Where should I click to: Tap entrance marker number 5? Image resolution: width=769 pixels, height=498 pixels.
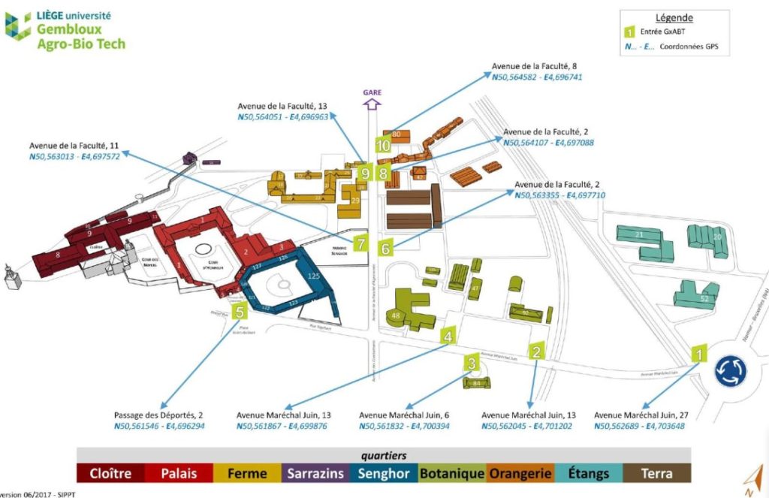pos(240,311)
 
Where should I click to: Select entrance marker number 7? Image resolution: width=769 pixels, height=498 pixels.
pos(360,243)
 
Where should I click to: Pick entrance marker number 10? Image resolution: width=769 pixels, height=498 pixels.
pos(383,145)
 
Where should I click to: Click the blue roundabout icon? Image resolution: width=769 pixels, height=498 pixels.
pos(729,370)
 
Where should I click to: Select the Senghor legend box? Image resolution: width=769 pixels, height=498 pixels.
pos(384,473)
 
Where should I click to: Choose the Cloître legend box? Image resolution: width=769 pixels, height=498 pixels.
pos(111,473)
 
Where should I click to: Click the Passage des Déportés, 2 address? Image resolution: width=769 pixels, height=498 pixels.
pos(159,415)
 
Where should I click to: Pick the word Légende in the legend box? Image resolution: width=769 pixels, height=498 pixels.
pos(674,17)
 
